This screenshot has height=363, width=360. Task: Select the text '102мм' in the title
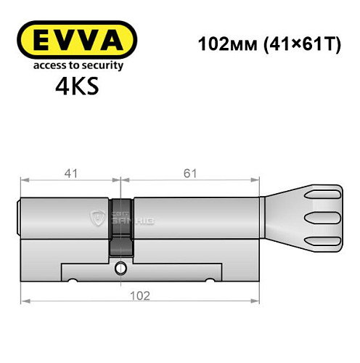[x=223, y=43]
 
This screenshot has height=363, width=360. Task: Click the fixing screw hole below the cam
[x=120, y=270]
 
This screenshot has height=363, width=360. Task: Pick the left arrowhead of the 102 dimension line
[x=24, y=301]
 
